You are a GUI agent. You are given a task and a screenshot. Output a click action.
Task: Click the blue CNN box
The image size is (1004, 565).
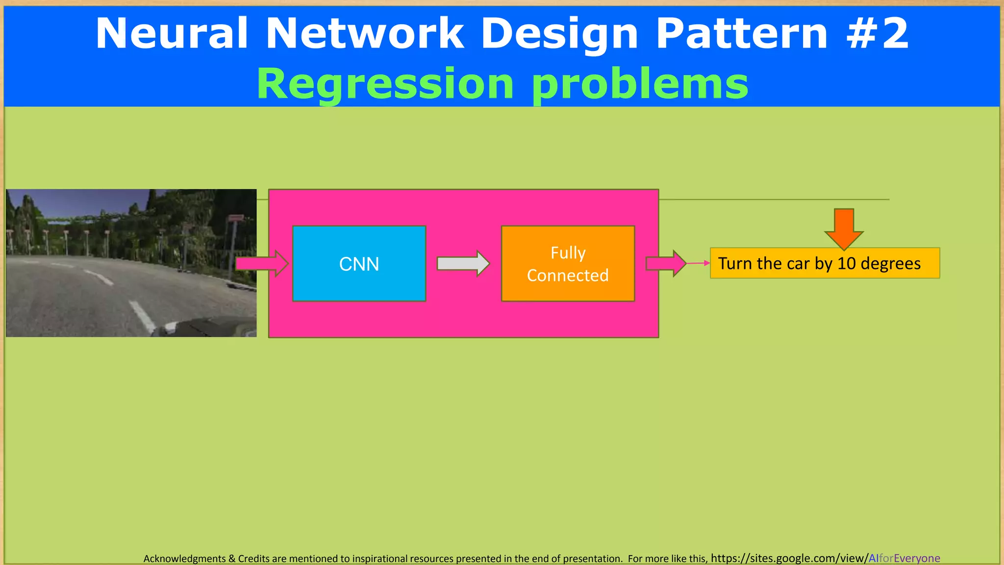coord(359,263)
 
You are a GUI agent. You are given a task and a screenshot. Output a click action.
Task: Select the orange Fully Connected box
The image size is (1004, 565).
coord(568,289)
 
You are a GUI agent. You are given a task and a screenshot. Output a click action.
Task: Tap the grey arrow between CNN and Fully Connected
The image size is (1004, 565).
coord(463,263)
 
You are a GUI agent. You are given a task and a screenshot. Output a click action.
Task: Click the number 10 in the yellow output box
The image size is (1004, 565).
coord(846,263)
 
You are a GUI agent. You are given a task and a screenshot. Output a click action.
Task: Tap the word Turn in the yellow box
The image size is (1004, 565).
coord(735,263)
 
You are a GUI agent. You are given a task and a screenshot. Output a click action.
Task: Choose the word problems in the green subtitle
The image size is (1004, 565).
coord(640,83)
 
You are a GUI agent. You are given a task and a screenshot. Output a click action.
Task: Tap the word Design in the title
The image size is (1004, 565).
coord(559,33)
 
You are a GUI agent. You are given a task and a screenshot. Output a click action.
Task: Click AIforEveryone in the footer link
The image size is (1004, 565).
coord(904,558)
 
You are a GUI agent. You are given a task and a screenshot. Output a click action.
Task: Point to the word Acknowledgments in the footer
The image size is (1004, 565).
coord(184,559)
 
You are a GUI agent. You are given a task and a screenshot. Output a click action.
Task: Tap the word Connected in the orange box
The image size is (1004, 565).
coord(568,276)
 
